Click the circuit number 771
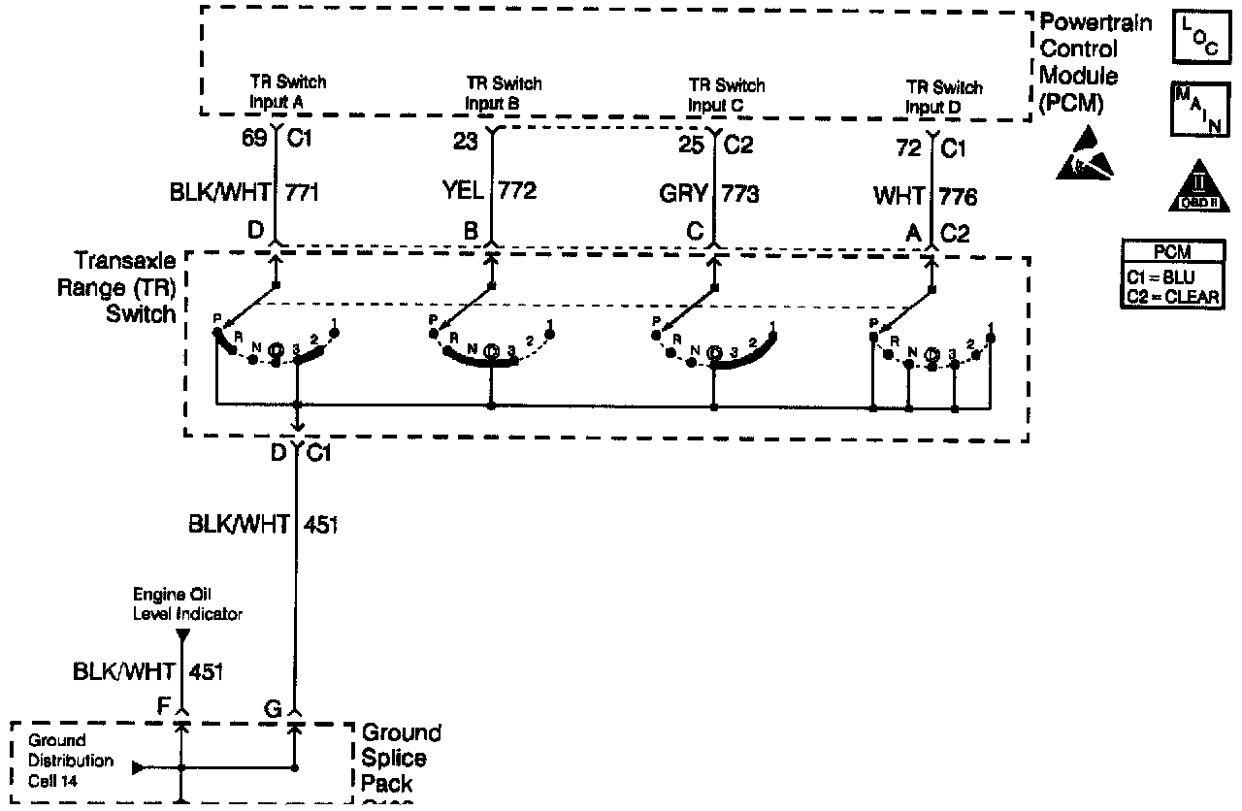click(302, 192)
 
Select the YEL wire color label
click(463, 191)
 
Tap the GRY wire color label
click(683, 192)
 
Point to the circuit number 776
click(958, 197)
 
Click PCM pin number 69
click(254, 140)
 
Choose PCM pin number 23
click(466, 142)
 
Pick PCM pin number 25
click(691, 146)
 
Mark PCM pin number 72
click(909, 149)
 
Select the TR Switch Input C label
click(726, 95)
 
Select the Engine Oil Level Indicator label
click(188, 606)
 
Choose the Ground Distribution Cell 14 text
click(72, 762)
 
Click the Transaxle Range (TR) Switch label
click(126, 288)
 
